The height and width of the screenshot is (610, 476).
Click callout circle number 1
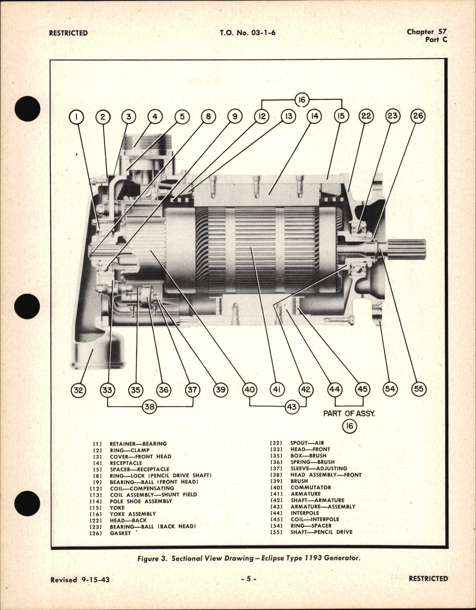tap(76, 117)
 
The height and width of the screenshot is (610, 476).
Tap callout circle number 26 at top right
tap(418, 116)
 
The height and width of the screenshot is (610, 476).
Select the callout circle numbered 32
tap(78, 390)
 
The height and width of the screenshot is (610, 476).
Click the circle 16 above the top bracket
tap(302, 100)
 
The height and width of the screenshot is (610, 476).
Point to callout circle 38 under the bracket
tap(150, 407)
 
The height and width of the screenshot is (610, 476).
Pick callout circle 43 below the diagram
tap(292, 407)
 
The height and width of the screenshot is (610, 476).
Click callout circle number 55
tap(418, 389)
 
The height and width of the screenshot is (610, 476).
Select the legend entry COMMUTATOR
tap(311, 487)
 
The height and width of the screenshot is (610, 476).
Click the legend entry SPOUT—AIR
tap(307, 443)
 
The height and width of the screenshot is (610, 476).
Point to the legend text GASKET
tap(120, 533)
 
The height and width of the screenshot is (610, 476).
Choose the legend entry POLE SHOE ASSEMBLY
tap(141, 501)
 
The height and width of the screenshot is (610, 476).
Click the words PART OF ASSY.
tap(349, 413)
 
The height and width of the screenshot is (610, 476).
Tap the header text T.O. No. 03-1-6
tap(247, 33)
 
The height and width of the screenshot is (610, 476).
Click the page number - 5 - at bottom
tap(249, 579)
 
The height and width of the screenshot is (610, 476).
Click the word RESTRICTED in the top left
tap(68, 33)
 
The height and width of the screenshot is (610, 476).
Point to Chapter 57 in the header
tap(426, 32)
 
